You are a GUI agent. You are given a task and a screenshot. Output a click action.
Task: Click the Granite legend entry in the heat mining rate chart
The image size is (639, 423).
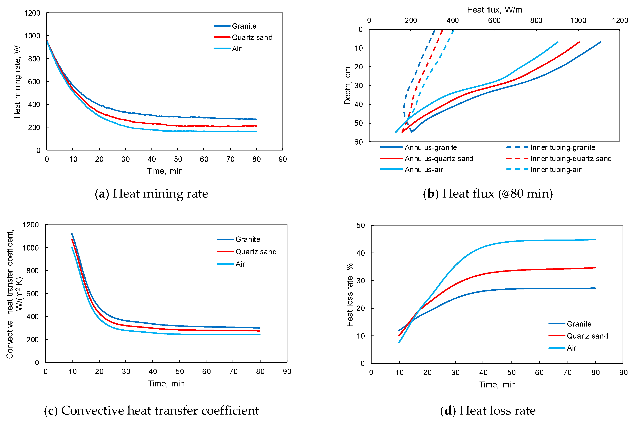click(x=235, y=26)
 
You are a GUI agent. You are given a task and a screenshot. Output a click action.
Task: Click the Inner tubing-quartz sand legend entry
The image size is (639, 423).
click(x=559, y=158)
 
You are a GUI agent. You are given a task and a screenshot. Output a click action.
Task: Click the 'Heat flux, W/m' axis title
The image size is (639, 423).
click(x=495, y=10)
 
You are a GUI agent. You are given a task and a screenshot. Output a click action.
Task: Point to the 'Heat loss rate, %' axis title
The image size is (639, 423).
click(x=350, y=295)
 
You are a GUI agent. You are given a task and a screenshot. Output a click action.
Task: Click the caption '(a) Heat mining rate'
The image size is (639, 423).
click(x=152, y=193)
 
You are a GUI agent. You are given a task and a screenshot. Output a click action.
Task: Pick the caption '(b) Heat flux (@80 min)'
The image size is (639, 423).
click(x=488, y=193)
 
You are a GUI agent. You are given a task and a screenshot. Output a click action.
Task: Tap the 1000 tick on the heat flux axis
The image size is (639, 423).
click(x=578, y=20)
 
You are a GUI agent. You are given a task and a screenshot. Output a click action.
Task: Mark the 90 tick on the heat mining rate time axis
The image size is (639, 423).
click(x=283, y=159)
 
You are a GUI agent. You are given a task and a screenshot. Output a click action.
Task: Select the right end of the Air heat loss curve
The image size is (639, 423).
click(x=595, y=239)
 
